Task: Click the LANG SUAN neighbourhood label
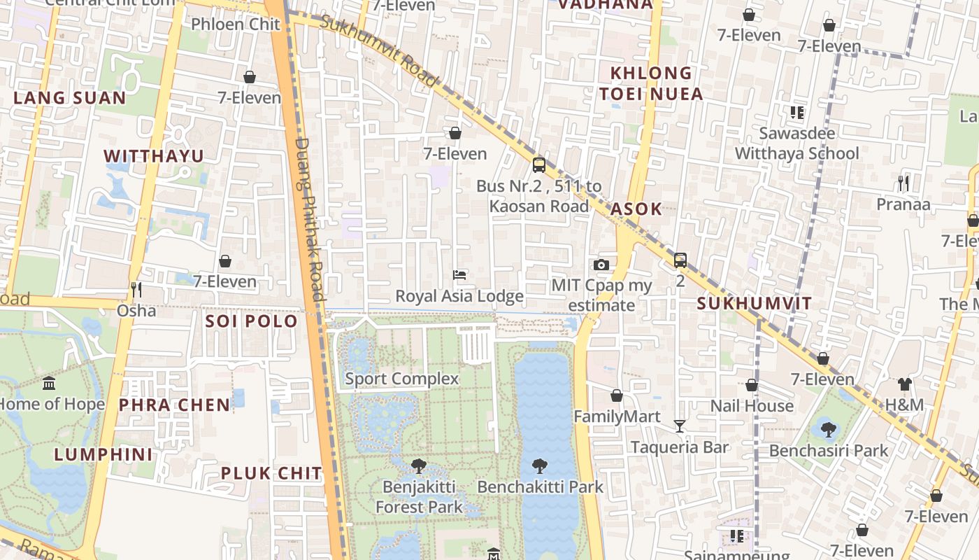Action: [69, 98]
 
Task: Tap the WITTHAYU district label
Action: [154, 156]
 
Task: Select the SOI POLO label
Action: [251, 321]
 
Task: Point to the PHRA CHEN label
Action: [174, 405]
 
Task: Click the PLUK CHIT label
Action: [271, 473]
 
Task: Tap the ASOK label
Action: [636, 209]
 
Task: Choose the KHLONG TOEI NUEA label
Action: [650, 83]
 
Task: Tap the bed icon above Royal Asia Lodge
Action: [459, 275]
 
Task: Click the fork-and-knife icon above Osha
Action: [136, 289]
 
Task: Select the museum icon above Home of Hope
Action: [49, 384]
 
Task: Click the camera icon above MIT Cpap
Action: [601, 265]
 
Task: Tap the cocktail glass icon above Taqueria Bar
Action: [679, 426]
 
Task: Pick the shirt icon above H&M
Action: [904, 384]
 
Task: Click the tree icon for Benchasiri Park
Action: [828, 429]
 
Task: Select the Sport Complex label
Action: [401, 379]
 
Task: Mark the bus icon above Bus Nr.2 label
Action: [538, 165]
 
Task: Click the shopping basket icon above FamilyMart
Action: [616, 395]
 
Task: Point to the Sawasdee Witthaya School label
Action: [796, 143]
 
